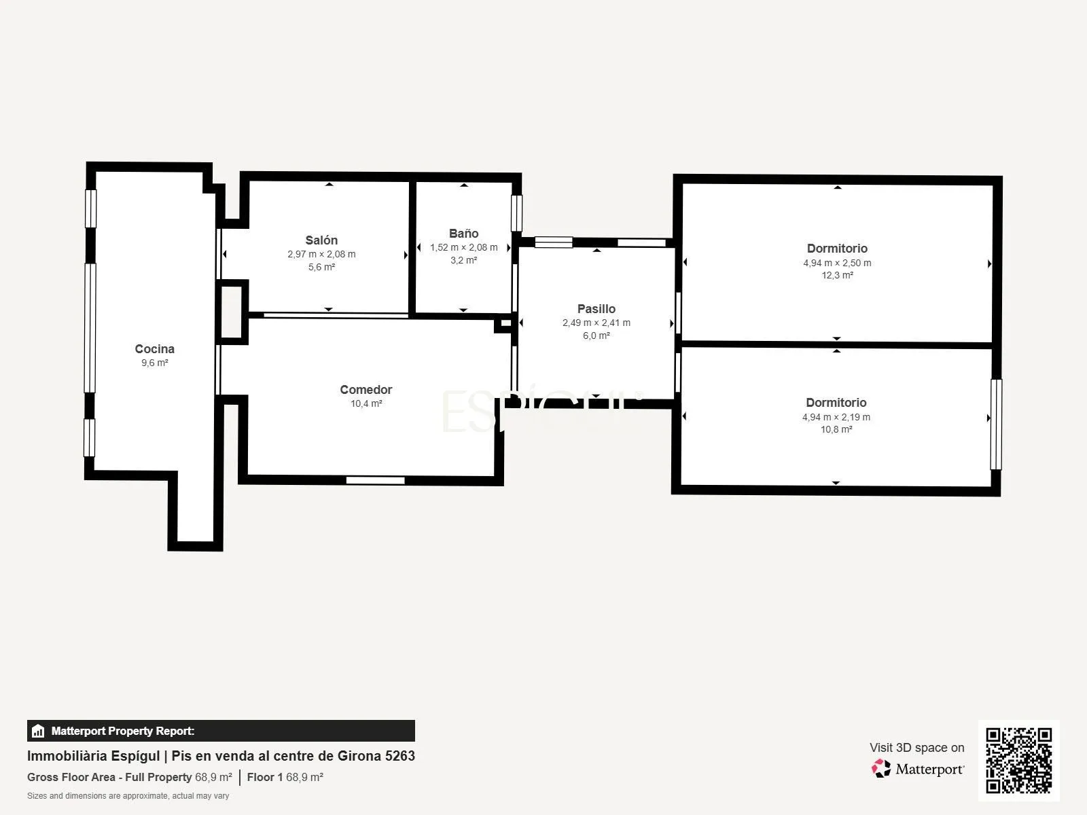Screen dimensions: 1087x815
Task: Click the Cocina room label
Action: click(154, 349)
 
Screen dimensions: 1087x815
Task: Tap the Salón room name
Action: click(321, 240)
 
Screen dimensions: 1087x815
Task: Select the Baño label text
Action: click(463, 233)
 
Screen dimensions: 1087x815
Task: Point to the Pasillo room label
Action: click(596, 309)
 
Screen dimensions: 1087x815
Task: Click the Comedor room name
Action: click(366, 389)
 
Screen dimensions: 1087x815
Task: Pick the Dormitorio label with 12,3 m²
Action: click(837, 249)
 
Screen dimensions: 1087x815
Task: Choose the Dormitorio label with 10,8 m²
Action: click(836, 402)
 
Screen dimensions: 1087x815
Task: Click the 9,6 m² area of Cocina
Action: click(154, 363)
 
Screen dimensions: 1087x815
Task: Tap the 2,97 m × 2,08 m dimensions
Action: click(321, 254)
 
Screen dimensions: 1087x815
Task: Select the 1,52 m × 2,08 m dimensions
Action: click(463, 247)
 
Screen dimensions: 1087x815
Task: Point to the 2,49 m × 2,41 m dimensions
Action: click(596, 323)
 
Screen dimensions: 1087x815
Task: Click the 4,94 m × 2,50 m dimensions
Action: click(837, 263)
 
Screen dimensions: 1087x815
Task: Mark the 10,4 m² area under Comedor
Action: click(366, 403)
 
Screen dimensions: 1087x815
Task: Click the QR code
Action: click(1018, 760)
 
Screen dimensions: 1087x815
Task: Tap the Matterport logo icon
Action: click(881, 769)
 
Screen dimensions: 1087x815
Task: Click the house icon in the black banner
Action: click(38, 731)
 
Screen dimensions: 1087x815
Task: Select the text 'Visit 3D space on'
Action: click(916, 747)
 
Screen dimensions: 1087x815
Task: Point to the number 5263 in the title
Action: click(400, 756)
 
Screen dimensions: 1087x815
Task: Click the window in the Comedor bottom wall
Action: click(376, 480)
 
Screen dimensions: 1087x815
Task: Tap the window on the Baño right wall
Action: click(516, 213)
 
